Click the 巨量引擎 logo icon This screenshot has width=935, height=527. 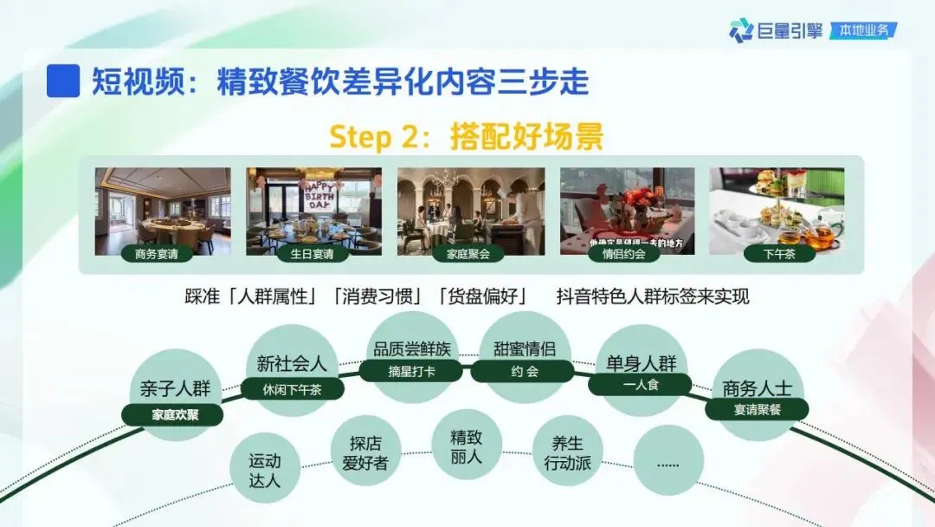(741, 30)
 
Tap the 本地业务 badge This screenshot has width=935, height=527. (863, 30)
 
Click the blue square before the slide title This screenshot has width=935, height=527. (63, 81)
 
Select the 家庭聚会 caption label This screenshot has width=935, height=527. (468, 254)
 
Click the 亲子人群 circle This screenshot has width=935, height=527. (175, 387)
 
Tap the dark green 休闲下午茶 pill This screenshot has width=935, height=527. (292, 389)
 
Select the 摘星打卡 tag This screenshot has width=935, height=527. (412, 372)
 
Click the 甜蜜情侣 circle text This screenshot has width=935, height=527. (525, 349)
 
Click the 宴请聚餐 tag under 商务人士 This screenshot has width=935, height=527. (757, 409)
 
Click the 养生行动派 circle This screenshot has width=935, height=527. (566, 452)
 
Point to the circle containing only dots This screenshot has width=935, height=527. (667, 462)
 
